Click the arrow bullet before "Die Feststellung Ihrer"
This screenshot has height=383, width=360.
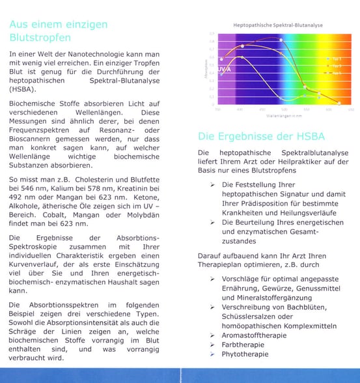click(214, 185)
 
